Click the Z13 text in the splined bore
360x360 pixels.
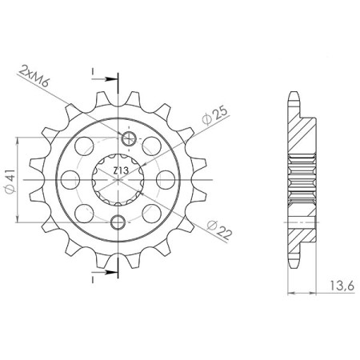[119, 170]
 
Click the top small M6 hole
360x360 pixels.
[119, 136]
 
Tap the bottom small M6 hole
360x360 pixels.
[119, 222]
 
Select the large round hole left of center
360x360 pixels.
[70, 178]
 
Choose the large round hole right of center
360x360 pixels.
[168, 178]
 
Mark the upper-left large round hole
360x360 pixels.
[86, 145]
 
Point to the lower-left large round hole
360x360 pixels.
[86, 212]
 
